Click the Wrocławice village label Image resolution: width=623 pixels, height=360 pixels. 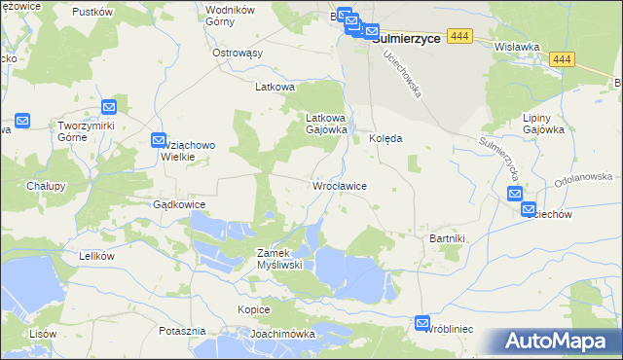coord(338,185)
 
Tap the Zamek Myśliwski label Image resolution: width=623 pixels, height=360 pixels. coord(280,258)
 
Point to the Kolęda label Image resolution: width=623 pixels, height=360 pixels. coord(386,139)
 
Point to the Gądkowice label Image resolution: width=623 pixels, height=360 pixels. coord(178,205)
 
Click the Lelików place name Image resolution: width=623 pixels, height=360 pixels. coord(96,256)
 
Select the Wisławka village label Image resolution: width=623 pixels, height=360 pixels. coord(517,46)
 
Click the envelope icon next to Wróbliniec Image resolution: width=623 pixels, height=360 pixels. coord(422,322)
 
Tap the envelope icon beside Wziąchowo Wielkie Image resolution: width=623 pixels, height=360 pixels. coord(161,141)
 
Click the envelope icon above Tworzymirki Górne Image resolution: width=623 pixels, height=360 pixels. coord(109,107)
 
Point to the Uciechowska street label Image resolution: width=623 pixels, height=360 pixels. coord(402,73)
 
